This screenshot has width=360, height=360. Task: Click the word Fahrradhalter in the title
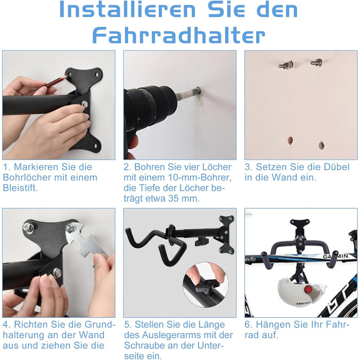click(x=179, y=35)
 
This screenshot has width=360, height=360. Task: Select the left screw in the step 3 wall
click(x=285, y=65)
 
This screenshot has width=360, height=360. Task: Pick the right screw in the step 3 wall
click(x=316, y=62)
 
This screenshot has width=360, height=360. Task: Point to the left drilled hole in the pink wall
click(x=291, y=140)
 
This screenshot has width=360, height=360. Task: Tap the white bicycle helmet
click(x=300, y=292)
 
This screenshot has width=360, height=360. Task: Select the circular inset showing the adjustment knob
click(x=206, y=285)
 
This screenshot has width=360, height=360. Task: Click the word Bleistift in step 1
click(x=20, y=188)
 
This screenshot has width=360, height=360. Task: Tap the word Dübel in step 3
click(x=336, y=167)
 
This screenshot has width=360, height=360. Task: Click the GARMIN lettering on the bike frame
click(x=336, y=256)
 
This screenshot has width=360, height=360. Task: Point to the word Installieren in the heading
click(x=128, y=10)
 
